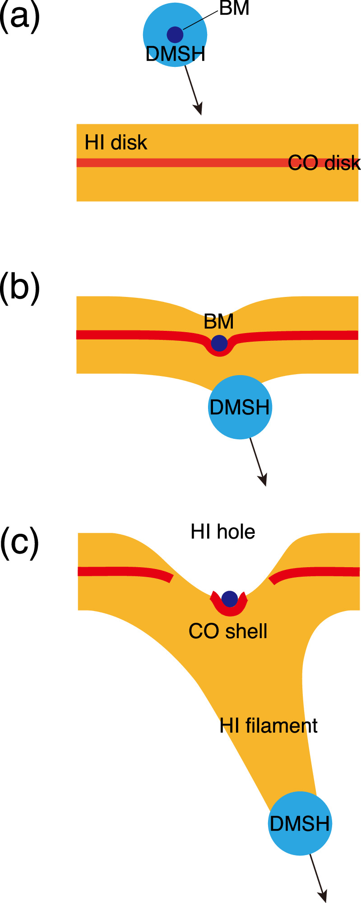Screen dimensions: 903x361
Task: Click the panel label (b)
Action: tap(20, 287)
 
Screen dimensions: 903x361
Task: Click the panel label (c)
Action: tap(20, 542)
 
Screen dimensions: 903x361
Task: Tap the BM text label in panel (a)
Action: tap(234, 9)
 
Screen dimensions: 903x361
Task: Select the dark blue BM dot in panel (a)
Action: tap(175, 34)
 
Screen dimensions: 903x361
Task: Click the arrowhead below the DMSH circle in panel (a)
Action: tap(198, 109)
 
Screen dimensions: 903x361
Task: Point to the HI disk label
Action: tap(116, 143)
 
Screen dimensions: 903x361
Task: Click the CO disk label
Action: tap(324, 163)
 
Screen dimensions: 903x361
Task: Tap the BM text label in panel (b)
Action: tap(219, 322)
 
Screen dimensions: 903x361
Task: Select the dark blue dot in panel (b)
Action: tap(219, 343)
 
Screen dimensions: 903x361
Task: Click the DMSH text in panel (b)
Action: tap(240, 408)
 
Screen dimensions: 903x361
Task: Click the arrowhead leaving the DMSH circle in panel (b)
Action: tap(263, 480)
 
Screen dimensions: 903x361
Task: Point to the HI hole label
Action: tap(223, 532)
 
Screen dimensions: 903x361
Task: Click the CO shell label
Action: tap(228, 631)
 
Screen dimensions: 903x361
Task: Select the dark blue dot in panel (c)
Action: tap(230, 599)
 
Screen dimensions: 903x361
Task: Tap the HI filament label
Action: tap(268, 726)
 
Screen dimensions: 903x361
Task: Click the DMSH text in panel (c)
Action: tap(300, 823)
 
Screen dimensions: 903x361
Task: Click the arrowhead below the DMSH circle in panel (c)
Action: tap(323, 896)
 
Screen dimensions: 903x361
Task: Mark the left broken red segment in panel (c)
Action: tap(124, 572)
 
